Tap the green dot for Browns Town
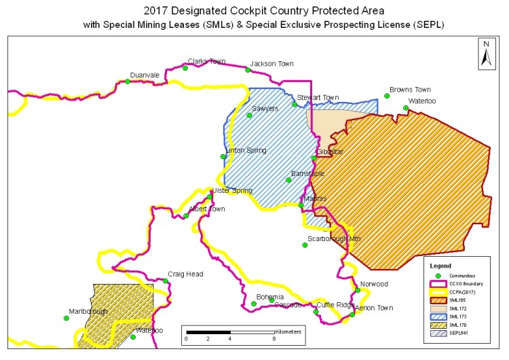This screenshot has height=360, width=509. click(x=387, y=96)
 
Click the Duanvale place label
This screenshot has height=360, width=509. click(x=145, y=75)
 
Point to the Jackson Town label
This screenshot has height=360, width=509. click(x=271, y=64)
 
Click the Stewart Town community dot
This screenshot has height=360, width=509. click(x=295, y=104)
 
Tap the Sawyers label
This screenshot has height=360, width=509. click(x=265, y=109)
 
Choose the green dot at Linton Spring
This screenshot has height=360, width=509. click(x=223, y=157)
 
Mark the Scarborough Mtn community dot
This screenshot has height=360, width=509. click(x=305, y=246)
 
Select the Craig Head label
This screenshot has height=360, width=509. click(x=185, y=274)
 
